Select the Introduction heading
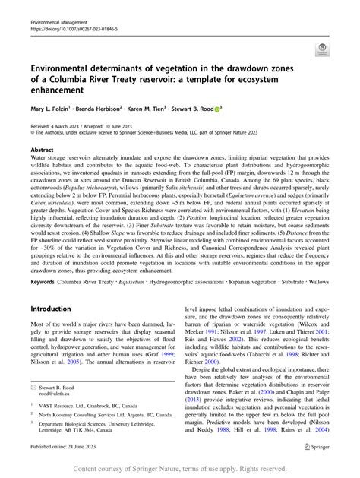point(56,288)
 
